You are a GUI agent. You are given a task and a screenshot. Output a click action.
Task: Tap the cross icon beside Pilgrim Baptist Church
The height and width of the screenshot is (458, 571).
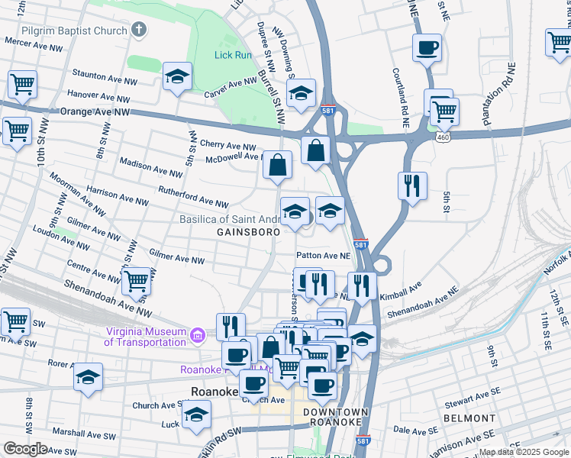point(138,31)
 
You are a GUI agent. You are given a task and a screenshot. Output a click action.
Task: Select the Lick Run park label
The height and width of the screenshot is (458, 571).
point(233,55)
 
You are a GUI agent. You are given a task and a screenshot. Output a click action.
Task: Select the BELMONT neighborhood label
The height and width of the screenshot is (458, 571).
point(469,418)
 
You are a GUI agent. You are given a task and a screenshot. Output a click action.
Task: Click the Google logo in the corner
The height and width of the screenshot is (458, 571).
point(25,449)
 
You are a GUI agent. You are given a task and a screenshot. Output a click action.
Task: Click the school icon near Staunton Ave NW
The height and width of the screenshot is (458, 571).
point(177,76)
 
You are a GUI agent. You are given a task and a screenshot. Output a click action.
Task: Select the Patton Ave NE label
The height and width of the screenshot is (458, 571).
point(323,256)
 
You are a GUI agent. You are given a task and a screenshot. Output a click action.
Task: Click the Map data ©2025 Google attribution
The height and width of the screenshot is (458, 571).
point(524,452)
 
